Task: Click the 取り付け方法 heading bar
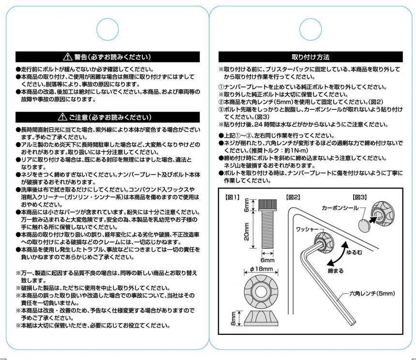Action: (310, 56)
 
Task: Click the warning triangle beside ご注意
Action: (62, 117)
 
